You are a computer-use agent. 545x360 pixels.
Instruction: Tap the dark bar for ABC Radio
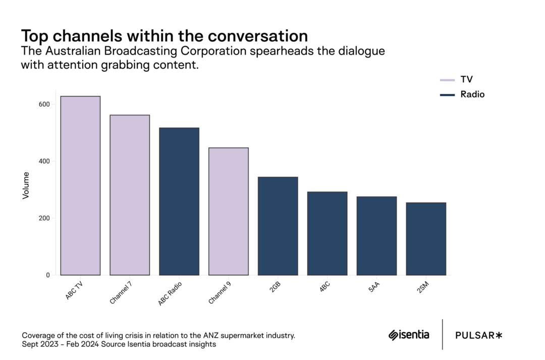click(179, 201)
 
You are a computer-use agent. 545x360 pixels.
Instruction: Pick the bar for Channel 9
click(229, 212)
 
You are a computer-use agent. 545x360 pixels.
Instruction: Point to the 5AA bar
click(376, 236)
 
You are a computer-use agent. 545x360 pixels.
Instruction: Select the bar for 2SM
click(426, 239)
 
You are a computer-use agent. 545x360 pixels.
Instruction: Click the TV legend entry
click(457, 79)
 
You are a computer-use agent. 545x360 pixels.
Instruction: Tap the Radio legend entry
click(462, 94)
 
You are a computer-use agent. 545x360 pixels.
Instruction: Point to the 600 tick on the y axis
click(44, 105)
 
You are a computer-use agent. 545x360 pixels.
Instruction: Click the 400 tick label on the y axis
click(44, 162)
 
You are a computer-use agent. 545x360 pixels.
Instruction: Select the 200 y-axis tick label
click(44, 219)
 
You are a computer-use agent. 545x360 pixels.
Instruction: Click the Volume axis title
click(26, 185)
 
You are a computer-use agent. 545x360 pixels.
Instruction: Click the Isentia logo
click(409, 335)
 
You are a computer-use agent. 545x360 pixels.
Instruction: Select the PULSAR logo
click(479, 335)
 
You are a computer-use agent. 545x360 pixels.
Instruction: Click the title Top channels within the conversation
click(164, 36)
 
